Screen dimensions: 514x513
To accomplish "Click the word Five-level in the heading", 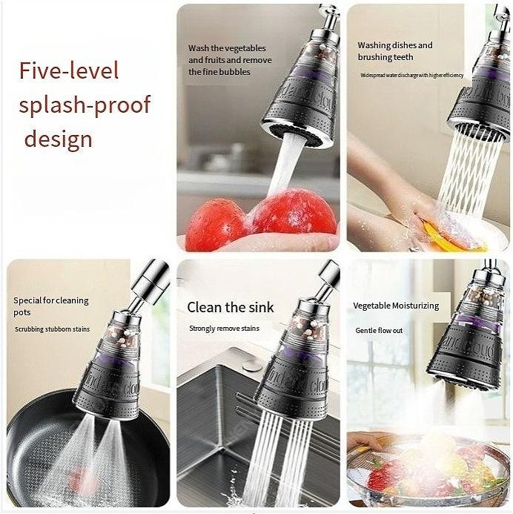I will (x=69, y=71).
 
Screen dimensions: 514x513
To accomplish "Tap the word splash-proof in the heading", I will (x=85, y=105).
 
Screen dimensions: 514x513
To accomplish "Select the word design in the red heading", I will (x=59, y=138).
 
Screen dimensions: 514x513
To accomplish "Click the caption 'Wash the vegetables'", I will (x=227, y=48).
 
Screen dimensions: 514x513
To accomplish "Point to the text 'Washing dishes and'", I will (x=395, y=45).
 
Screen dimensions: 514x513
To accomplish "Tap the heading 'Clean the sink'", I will (x=231, y=307).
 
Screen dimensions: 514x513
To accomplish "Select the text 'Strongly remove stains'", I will (x=225, y=329).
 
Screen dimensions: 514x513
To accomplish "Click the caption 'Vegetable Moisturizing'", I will (x=396, y=306).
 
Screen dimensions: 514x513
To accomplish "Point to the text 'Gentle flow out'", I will (x=379, y=331).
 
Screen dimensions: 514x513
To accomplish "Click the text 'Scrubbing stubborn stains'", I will (x=53, y=329).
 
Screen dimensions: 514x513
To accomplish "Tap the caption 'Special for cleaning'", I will (x=51, y=300).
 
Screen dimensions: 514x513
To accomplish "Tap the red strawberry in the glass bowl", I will (x=379, y=479).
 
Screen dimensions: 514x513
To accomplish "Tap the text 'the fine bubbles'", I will (x=219, y=72).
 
